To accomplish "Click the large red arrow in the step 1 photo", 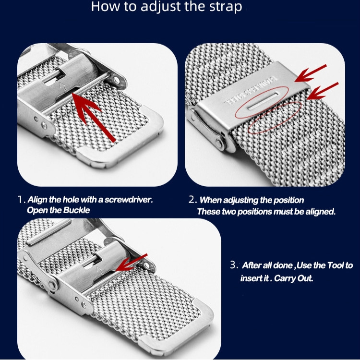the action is pyautogui.click(x=93, y=117).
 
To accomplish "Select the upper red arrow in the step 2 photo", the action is pyautogui.click(x=311, y=73).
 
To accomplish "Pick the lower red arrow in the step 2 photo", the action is pyautogui.click(x=323, y=91).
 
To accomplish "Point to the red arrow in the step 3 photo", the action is pyautogui.click(x=132, y=263).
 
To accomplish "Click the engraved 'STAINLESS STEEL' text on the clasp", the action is pyautogui.click(x=251, y=90).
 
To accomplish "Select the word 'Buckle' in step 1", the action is pyautogui.click(x=76, y=210).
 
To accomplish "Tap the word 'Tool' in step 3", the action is pyautogui.click(x=336, y=265).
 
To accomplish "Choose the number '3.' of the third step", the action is pyautogui.click(x=234, y=265).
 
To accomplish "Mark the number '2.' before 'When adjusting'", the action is pyautogui.click(x=192, y=200).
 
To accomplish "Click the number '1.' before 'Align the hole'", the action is pyautogui.click(x=22, y=200).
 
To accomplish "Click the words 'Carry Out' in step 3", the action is pyautogui.click(x=293, y=278).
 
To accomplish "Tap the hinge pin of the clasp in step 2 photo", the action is pyautogui.click(x=219, y=144).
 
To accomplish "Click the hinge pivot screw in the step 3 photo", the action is pyautogui.click(x=52, y=286).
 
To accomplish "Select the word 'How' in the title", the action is pyautogui.click(x=105, y=6).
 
